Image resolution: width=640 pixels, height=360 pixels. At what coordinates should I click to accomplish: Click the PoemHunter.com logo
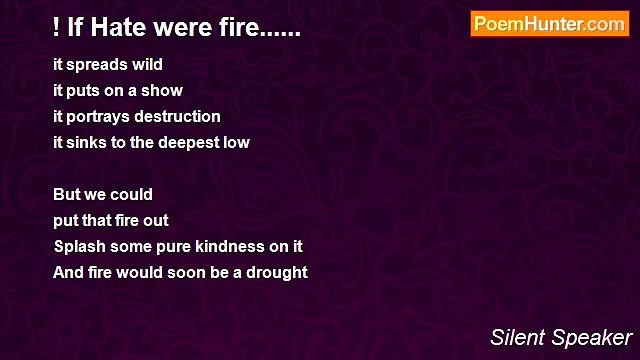click(x=549, y=24)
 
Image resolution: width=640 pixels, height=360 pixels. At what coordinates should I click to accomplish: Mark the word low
click(x=236, y=142)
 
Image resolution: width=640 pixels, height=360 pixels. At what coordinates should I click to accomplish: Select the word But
click(x=67, y=194)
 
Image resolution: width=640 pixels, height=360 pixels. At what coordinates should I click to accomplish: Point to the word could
click(x=132, y=194)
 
